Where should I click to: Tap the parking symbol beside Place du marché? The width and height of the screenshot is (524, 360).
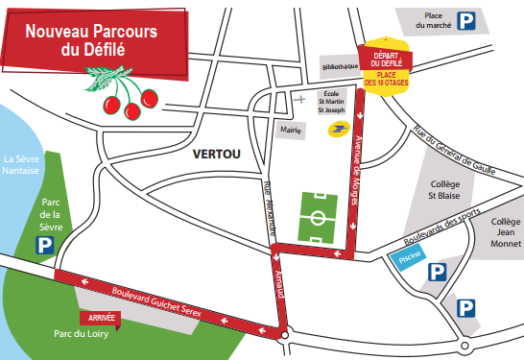point(464,20)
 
